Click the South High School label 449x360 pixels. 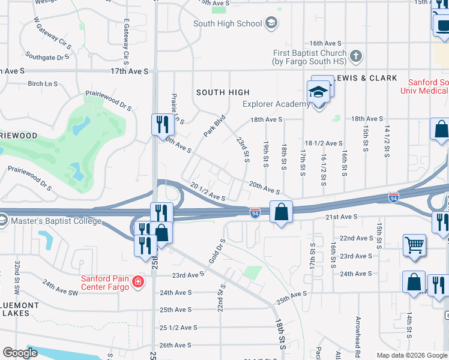(228, 23)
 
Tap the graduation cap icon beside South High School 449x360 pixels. (271, 23)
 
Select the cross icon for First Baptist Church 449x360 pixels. (356, 57)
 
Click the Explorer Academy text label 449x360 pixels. (276, 104)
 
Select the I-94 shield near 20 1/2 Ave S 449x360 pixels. (255, 212)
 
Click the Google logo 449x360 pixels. (20, 353)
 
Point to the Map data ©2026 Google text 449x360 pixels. (411, 355)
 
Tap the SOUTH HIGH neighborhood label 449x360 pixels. (223, 92)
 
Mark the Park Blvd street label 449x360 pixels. (214, 125)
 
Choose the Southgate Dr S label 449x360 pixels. (48, 58)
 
